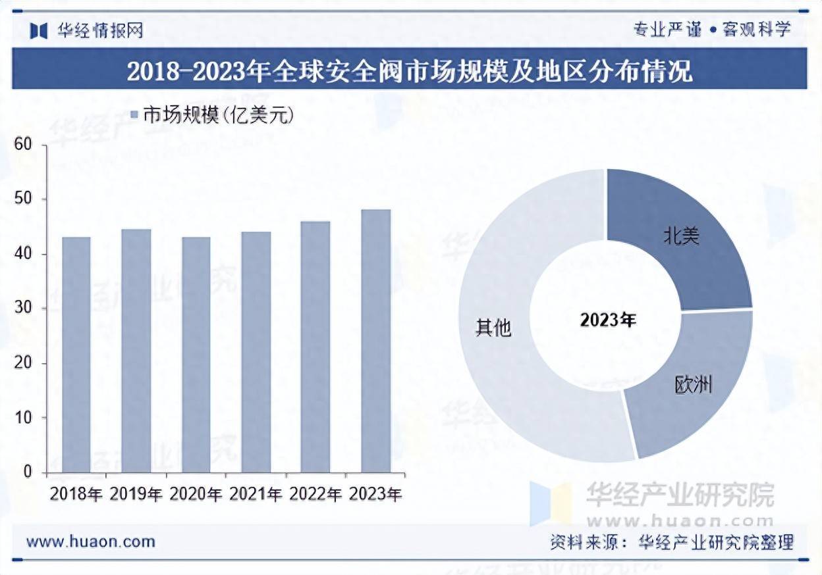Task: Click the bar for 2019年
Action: [x=136, y=351]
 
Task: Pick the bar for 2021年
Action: [x=256, y=351]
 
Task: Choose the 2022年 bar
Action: [x=315, y=346]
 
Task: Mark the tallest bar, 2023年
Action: [x=375, y=341]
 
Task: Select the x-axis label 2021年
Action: [x=256, y=494]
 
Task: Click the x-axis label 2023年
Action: [x=375, y=494]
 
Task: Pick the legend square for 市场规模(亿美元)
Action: [x=134, y=115]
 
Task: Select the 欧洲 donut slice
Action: [x=692, y=388]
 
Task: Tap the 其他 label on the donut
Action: [x=493, y=327]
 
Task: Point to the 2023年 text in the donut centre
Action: [x=608, y=320]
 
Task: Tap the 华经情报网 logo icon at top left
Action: [x=39, y=30]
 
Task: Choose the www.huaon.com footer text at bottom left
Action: [x=91, y=541]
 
